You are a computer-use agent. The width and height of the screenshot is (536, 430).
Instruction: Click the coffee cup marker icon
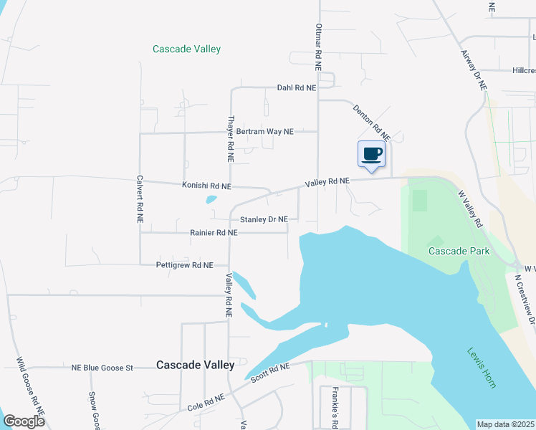pos(371,154)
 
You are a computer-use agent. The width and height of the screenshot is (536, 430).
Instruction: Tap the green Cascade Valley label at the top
pos(186,49)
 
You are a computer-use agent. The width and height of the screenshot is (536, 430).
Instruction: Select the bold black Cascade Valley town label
pos(196,365)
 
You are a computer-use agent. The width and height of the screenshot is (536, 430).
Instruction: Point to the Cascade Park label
pos(459,251)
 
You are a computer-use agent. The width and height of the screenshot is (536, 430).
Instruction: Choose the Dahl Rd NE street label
pos(296,88)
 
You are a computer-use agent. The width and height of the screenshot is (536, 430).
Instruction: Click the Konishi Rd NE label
pos(206,186)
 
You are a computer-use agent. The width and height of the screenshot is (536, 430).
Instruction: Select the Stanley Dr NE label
pos(264,219)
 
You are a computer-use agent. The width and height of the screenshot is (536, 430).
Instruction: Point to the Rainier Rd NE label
pos(214,233)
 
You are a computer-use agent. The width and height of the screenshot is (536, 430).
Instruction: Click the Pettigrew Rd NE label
pos(185,265)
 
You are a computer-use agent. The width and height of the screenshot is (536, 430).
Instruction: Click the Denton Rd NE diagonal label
pos(371,121)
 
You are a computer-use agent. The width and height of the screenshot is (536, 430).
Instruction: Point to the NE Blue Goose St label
pos(102,368)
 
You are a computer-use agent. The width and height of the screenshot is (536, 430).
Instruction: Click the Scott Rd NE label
pos(269,371)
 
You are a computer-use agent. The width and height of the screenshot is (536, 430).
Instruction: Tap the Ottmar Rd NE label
pos(318,46)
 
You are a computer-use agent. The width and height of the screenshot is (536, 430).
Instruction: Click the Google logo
pos(24,421)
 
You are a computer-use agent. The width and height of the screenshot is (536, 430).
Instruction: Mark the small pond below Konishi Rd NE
pos(211,199)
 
